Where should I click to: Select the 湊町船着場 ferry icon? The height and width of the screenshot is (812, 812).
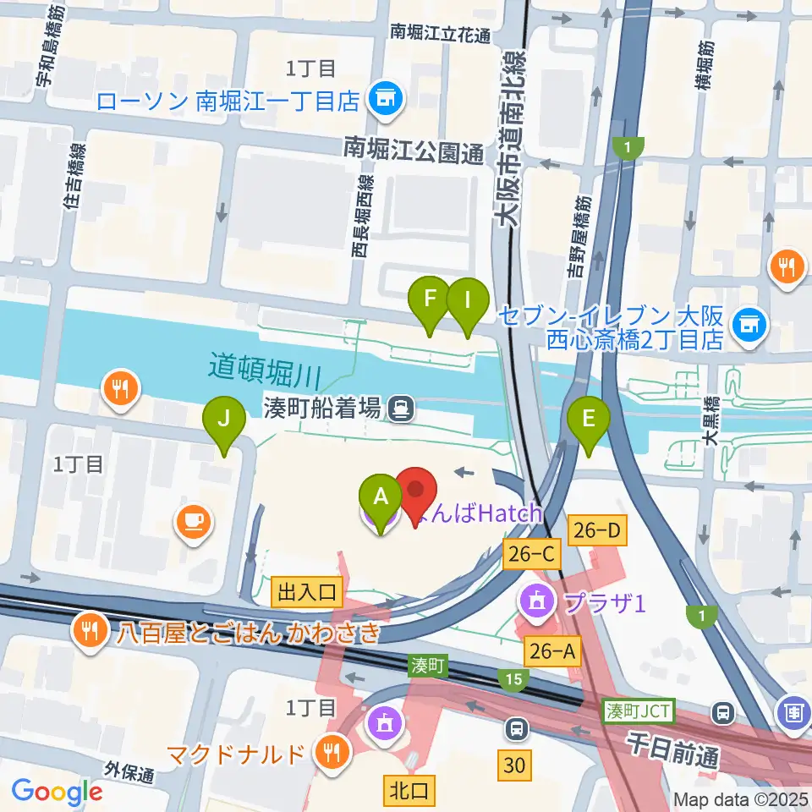click(x=401, y=409)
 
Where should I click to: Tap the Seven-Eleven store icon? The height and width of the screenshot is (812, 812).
click(x=748, y=321)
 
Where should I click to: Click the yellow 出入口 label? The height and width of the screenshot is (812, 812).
click(x=306, y=593)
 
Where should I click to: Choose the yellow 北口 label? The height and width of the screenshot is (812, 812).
click(x=409, y=791)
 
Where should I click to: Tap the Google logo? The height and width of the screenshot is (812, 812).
click(x=57, y=792)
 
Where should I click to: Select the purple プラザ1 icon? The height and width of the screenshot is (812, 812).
click(x=537, y=603)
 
